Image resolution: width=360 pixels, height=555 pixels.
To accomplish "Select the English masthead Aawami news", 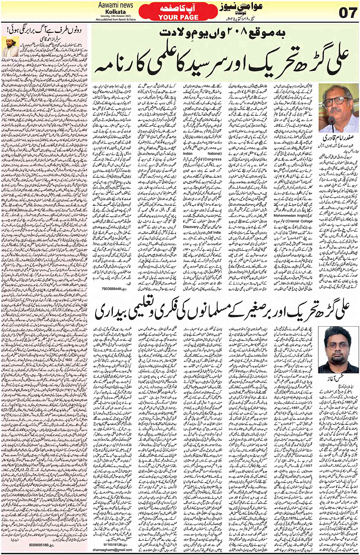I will click(x=115, y=5).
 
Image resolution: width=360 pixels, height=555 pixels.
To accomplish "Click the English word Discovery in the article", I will click(x=191, y=227).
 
